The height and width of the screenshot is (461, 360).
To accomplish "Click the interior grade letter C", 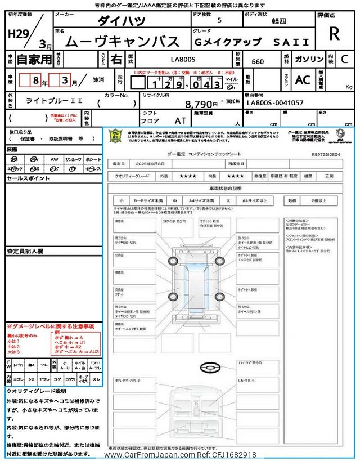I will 344,59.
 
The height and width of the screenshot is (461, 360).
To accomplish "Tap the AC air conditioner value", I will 303,80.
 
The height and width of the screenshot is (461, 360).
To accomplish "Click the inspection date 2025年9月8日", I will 151,164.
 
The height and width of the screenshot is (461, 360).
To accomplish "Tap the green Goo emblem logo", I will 115,136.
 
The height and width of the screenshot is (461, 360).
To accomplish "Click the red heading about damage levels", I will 51,326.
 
